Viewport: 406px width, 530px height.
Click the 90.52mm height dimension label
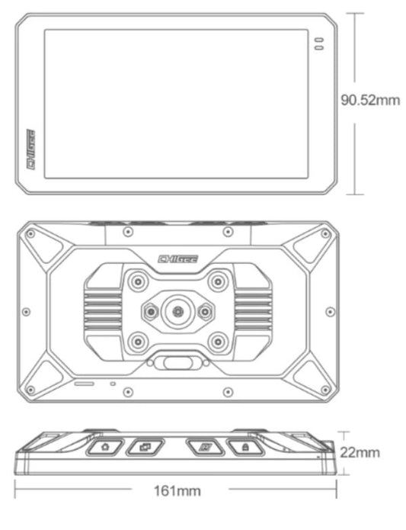[369, 101]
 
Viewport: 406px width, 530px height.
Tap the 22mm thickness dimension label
[359, 452]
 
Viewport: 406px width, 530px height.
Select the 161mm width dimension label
[177, 490]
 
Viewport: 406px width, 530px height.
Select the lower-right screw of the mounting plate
[217, 341]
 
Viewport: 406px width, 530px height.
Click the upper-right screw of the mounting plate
[217, 280]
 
